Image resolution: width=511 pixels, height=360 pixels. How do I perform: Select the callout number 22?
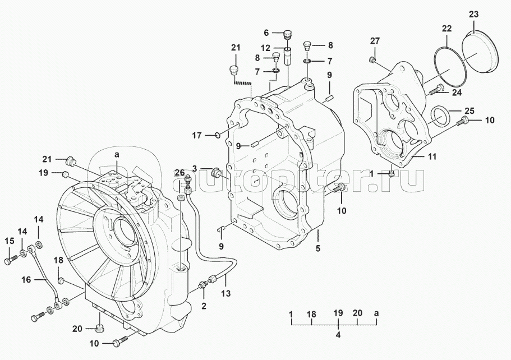click(446, 28)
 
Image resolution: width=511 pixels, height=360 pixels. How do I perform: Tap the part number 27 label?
click(375, 40)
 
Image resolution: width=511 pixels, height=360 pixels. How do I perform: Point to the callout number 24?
click(457, 93)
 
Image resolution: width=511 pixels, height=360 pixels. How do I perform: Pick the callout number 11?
click(431, 158)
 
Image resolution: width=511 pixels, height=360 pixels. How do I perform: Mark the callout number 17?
click(196, 135)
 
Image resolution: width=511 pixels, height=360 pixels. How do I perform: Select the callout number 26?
click(179, 172)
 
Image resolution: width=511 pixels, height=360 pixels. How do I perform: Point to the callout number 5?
click(317, 248)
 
